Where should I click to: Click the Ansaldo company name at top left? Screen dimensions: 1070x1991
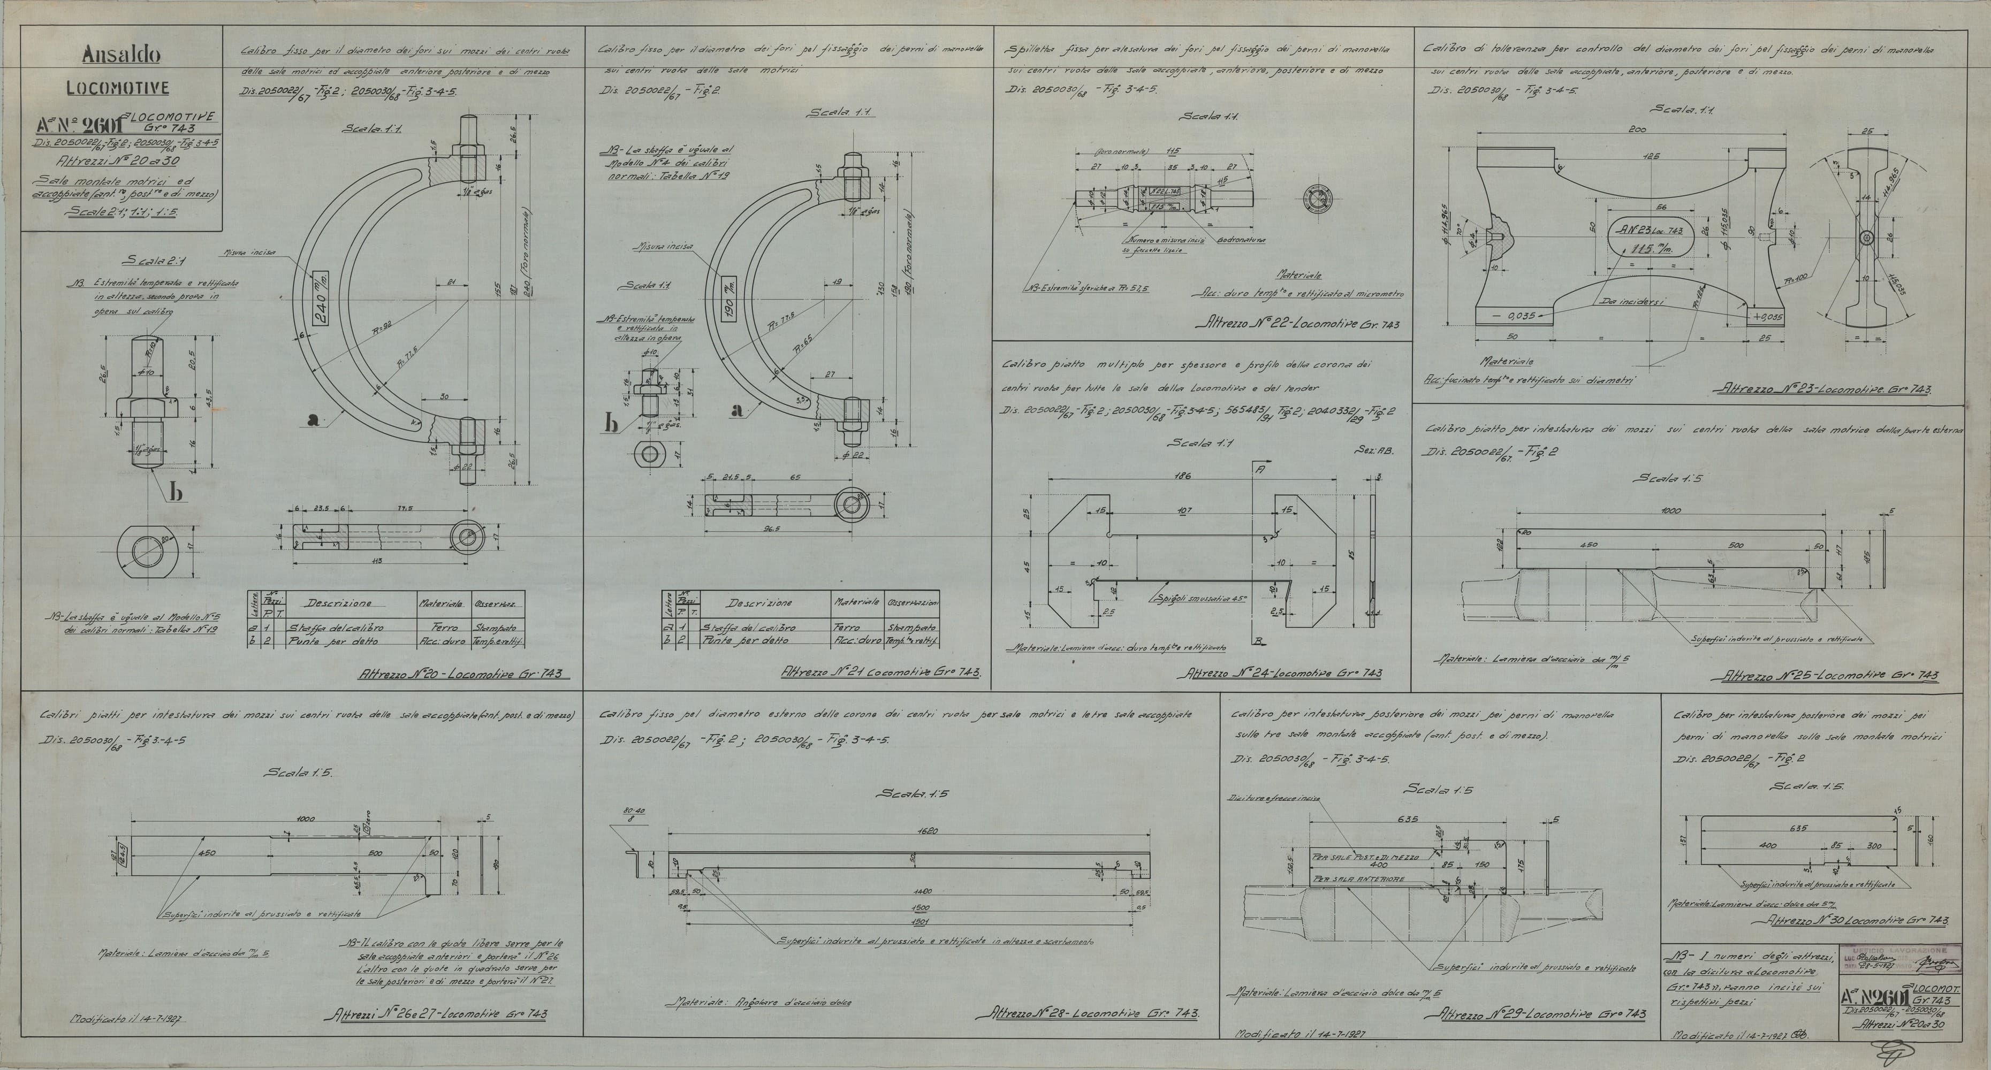(121, 56)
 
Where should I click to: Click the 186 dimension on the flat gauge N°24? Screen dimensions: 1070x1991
(1182, 476)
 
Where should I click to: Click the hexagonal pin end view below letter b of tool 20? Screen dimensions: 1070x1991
(148, 552)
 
